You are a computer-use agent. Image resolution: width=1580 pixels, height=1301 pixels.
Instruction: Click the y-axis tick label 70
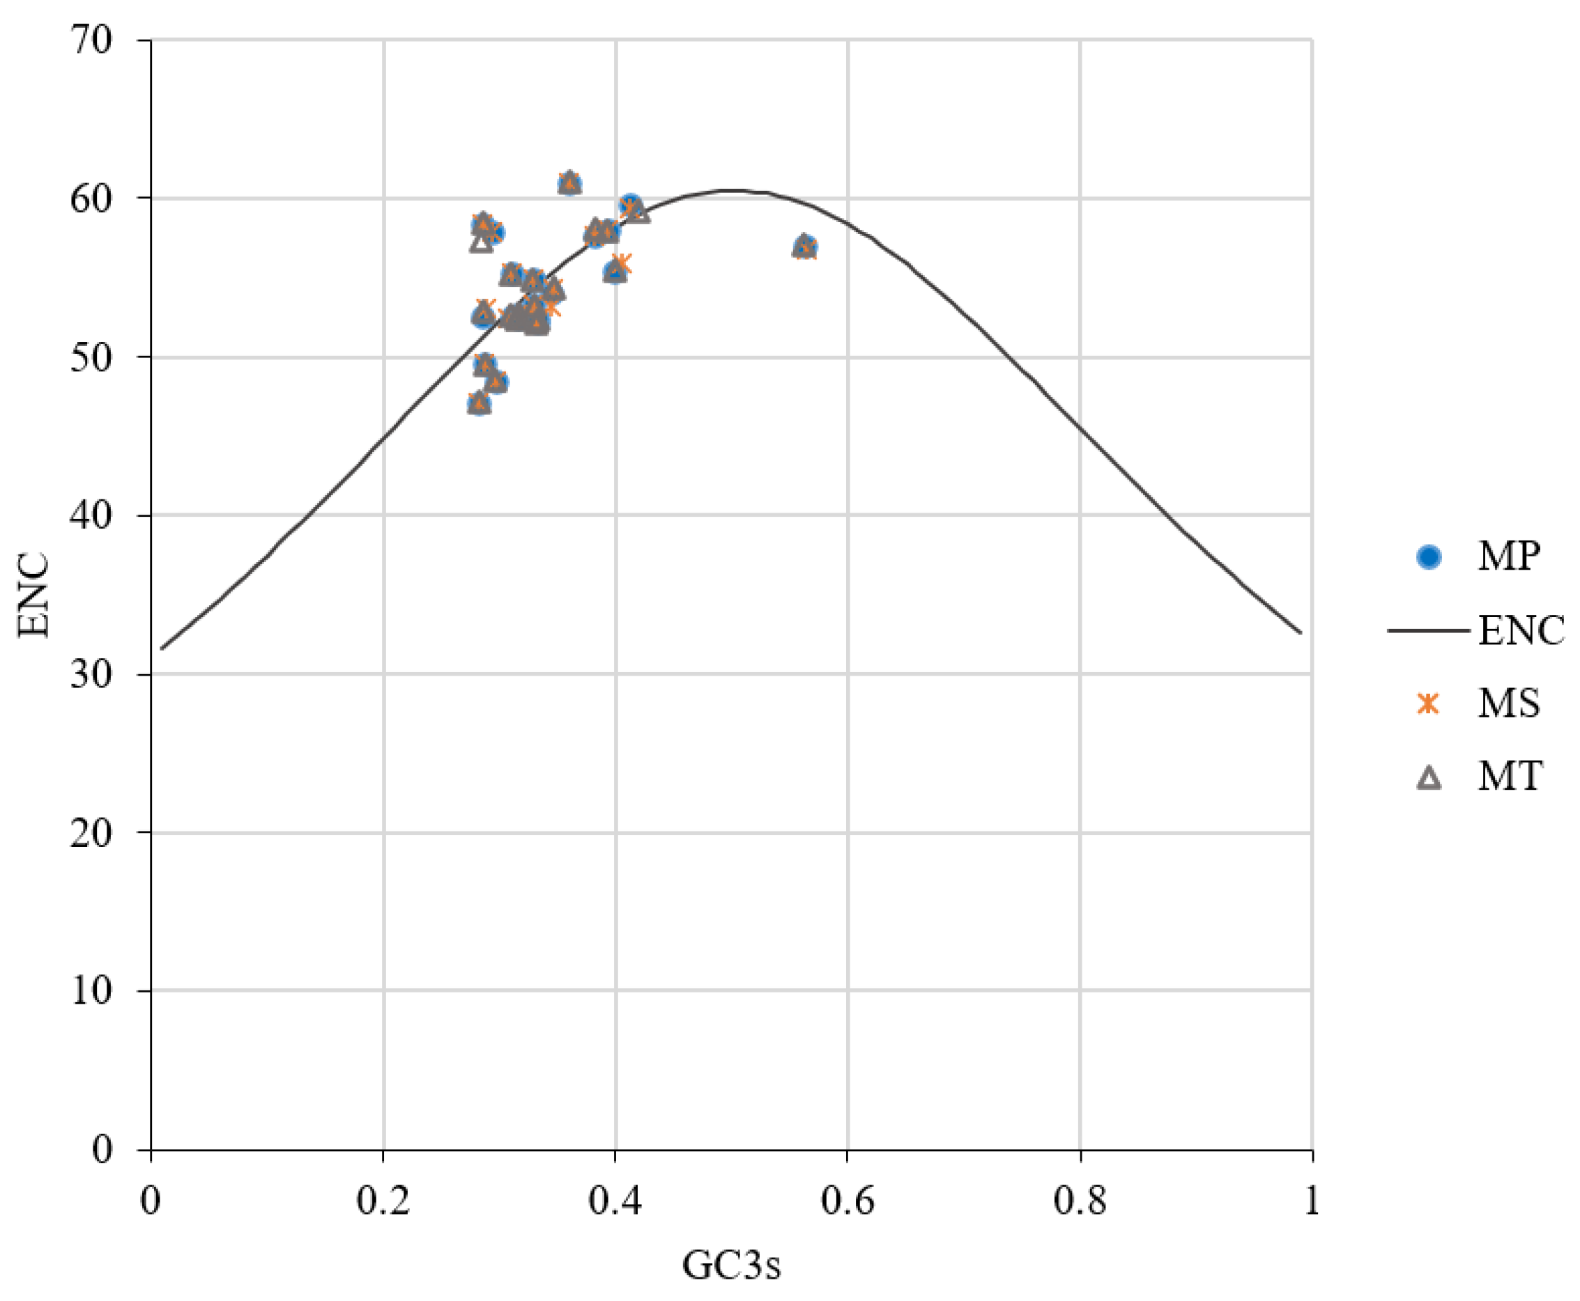click(x=91, y=40)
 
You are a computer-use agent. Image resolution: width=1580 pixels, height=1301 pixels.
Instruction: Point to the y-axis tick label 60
click(x=91, y=198)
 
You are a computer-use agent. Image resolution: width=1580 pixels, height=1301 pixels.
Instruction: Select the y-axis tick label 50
click(x=91, y=357)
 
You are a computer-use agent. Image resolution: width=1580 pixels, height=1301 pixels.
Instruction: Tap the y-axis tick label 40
click(x=91, y=515)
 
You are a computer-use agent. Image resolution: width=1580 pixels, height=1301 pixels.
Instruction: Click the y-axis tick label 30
click(x=91, y=674)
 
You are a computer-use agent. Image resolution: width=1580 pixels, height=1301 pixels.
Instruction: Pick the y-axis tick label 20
click(x=91, y=832)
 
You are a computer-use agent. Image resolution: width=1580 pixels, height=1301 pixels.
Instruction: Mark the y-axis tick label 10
click(x=91, y=991)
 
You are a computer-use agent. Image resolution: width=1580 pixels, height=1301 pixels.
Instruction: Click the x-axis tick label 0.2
click(x=383, y=1202)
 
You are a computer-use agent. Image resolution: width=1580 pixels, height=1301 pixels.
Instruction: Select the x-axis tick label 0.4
click(x=615, y=1202)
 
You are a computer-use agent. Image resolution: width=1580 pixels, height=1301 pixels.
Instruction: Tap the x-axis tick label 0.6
click(x=847, y=1202)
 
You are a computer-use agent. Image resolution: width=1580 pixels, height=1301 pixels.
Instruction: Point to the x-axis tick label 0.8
click(x=1080, y=1202)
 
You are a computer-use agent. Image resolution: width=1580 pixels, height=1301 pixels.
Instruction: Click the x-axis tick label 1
click(x=1311, y=1202)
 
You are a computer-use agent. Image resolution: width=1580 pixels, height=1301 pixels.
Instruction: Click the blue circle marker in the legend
click(x=1429, y=556)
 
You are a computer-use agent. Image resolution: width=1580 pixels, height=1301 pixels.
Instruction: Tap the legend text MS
click(x=1509, y=703)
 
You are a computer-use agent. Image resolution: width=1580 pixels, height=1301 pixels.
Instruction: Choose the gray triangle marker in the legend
click(x=1429, y=777)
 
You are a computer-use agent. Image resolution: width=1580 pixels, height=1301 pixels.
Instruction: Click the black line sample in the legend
click(x=1428, y=630)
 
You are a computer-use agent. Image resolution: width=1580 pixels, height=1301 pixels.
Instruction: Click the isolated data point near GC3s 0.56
click(x=804, y=247)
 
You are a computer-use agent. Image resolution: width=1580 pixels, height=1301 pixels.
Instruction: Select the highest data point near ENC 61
click(x=569, y=183)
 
